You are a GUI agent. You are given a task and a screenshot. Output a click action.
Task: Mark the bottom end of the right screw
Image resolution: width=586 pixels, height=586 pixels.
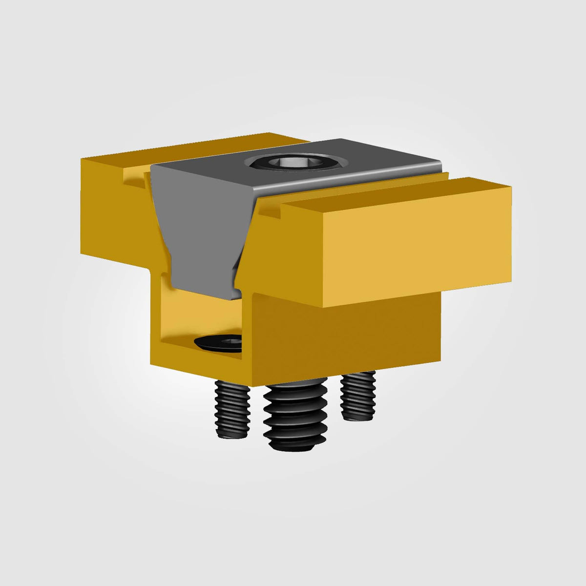[359, 416]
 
